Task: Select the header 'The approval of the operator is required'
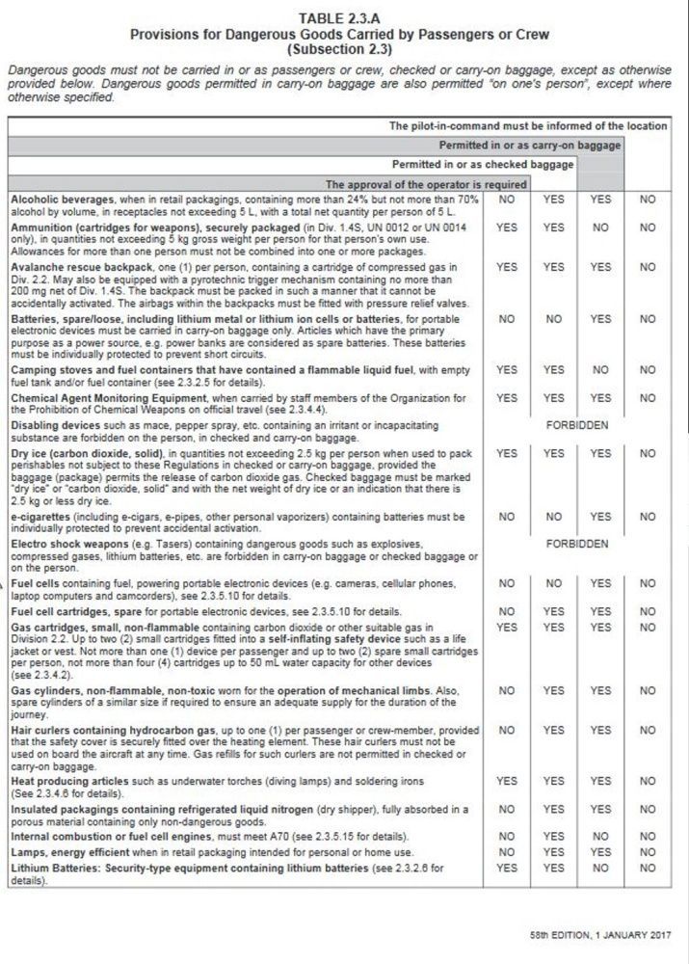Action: [x=425, y=183]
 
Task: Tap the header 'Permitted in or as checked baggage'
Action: [x=483, y=164]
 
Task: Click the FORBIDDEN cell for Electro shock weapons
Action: [x=577, y=544]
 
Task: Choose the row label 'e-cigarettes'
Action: [x=37, y=517]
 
